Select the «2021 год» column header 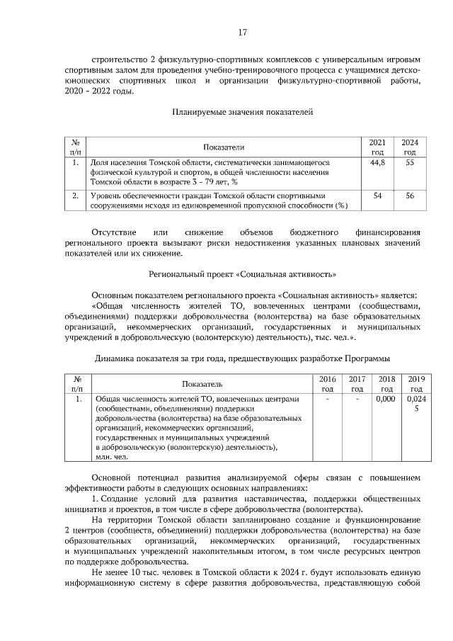pyautogui.click(x=378, y=147)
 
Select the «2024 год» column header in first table pyautogui.click(x=409, y=147)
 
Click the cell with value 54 pyautogui.click(x=378, y=195)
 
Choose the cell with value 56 pyautogui.click(x=409, y=195)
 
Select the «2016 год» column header pyautogui.click(x=328, y=383)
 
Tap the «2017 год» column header pyautogui.click(x=357, y=383)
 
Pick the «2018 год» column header pyautogui.click(x=386, y=383)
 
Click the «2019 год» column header pyautogui.click(x=416, y=383)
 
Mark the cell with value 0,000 pyautogui.click(x=386, y=399)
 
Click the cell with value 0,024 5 pyautogui.click(x=416, y=404)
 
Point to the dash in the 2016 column pyautogui.click(x=328, y=399)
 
